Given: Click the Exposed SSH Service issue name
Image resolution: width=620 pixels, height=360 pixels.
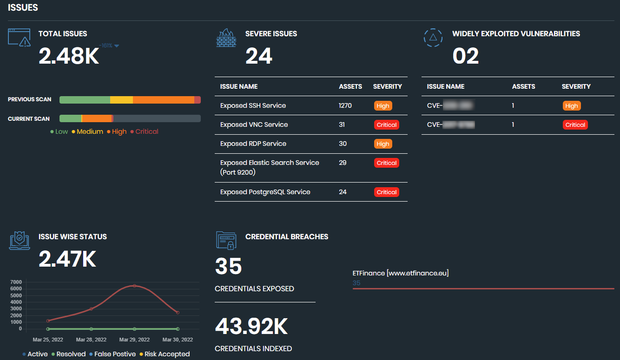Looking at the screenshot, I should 253,105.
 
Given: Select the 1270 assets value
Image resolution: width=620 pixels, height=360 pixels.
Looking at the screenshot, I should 345,105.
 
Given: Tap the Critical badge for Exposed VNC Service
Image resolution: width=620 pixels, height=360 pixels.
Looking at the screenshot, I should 387,124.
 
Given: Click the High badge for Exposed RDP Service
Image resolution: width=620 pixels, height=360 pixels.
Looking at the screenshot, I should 383,144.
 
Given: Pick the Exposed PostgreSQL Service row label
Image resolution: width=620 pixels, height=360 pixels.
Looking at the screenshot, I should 265,192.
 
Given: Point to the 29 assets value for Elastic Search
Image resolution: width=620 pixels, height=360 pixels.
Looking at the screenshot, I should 343,163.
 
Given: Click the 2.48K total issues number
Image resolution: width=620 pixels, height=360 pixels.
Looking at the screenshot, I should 69,56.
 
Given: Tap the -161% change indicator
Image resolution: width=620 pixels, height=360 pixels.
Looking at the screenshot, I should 109,46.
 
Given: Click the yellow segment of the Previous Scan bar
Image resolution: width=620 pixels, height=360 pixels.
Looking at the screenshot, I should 121,100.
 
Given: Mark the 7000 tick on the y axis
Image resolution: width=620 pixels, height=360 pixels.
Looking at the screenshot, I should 16,282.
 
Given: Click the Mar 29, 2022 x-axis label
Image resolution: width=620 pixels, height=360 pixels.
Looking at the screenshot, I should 134,340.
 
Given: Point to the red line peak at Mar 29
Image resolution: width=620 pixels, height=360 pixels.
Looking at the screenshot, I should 134,286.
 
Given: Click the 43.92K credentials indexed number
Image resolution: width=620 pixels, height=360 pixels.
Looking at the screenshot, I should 251,327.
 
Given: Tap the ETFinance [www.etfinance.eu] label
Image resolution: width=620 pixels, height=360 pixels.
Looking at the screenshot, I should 401,273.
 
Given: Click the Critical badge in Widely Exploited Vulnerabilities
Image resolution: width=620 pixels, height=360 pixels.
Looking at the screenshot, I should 575,124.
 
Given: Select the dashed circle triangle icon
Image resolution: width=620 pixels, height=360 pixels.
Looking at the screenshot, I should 433,38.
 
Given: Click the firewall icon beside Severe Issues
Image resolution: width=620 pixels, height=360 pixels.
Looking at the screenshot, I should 226,38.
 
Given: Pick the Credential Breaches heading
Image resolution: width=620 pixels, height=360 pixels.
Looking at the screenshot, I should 286,236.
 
